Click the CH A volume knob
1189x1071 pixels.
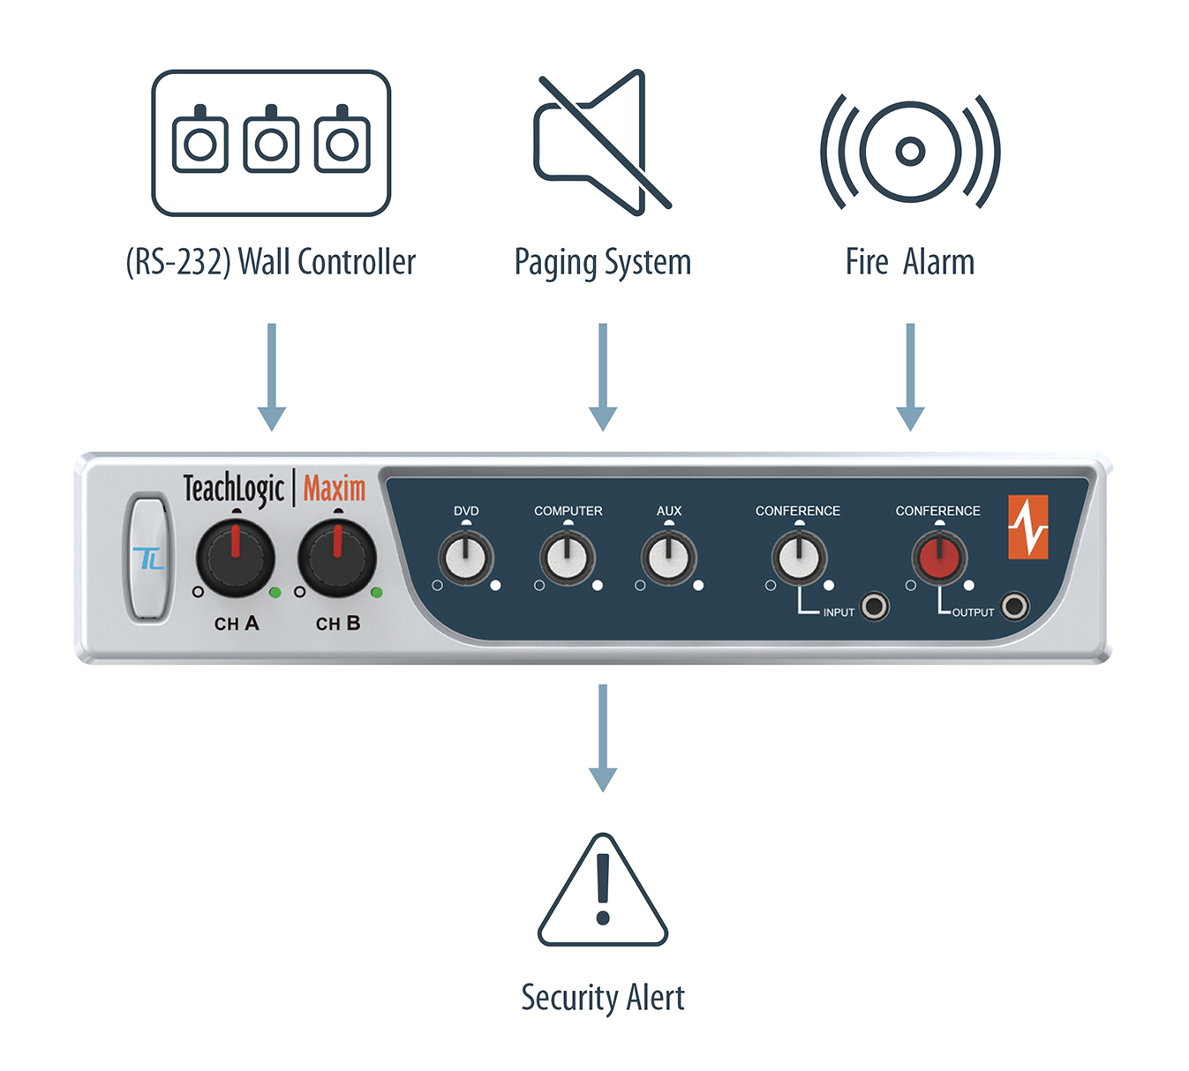235,558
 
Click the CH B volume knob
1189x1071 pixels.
336,558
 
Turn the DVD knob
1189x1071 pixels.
465,558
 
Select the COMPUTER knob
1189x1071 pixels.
567,558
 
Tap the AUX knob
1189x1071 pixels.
668,558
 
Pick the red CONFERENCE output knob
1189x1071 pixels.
939,558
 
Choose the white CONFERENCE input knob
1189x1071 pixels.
799,558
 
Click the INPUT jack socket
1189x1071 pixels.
875,606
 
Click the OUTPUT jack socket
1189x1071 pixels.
1015,606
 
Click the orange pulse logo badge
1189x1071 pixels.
1028,527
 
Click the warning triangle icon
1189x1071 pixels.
603,893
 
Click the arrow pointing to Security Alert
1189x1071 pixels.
603,738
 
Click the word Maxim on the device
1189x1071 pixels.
335,488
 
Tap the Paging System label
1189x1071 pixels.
603,262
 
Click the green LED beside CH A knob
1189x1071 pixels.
275,592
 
